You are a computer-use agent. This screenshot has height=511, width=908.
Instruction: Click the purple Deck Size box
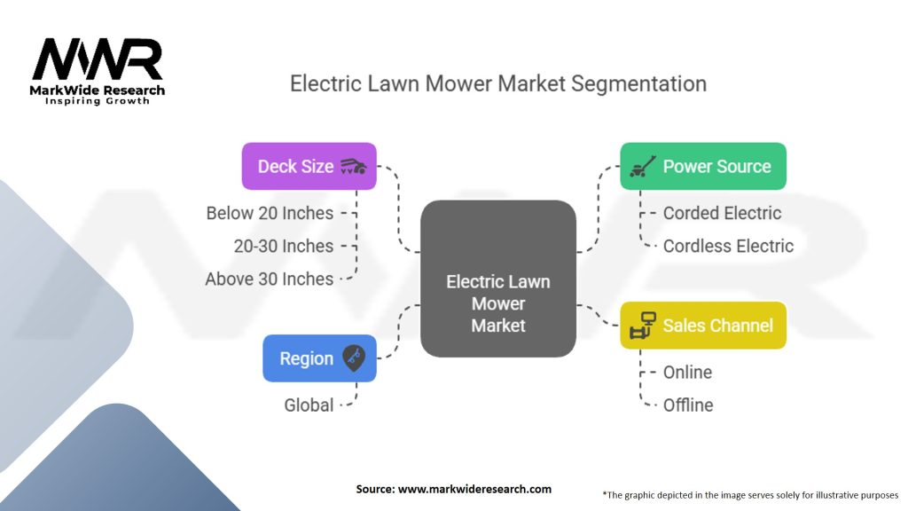pos(309,166)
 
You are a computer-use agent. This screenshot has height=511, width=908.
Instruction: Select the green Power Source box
pos(702,166)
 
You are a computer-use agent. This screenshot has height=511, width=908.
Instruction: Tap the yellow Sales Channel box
pos(702,326)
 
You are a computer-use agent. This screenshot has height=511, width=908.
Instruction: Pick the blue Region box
pos(319,358)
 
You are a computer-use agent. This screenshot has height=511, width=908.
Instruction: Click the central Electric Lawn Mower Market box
pos(498,279)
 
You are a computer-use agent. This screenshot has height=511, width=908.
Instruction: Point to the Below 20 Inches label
pos(270,213)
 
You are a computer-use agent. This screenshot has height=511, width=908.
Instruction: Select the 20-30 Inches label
pos(284,246)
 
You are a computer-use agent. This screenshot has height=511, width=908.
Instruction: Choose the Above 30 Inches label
pos(270,279)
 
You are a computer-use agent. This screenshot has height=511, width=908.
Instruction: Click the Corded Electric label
pos(722,213)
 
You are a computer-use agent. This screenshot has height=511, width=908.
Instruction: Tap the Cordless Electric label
pos(728,246)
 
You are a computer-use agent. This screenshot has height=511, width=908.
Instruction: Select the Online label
pos(687,372)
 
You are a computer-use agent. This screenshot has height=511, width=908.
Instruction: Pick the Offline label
pos(688,405)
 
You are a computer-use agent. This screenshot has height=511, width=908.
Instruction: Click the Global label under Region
pos(309,405)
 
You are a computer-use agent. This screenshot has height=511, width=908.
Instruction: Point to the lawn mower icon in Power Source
pos(642,166)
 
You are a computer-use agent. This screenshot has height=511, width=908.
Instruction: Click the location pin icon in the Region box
pos(354,358)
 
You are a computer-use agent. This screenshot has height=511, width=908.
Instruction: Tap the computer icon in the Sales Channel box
pos(641,326)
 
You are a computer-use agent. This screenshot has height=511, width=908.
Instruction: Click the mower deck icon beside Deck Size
pos(353,166)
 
